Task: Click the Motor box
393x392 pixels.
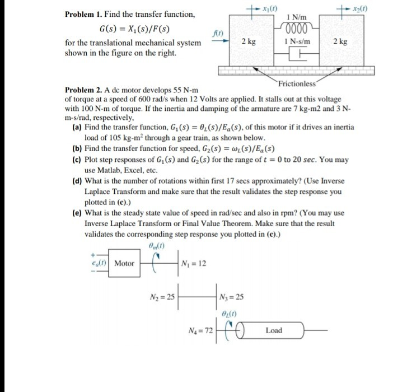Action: click(x=124, y=263)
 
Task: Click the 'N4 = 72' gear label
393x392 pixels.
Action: click(x=200, y=332)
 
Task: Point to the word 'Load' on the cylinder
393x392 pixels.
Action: click(x=274, y=330)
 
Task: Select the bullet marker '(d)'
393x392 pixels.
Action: click(x=78, y=181)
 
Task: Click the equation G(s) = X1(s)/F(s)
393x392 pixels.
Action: click(x=134, y=29)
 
